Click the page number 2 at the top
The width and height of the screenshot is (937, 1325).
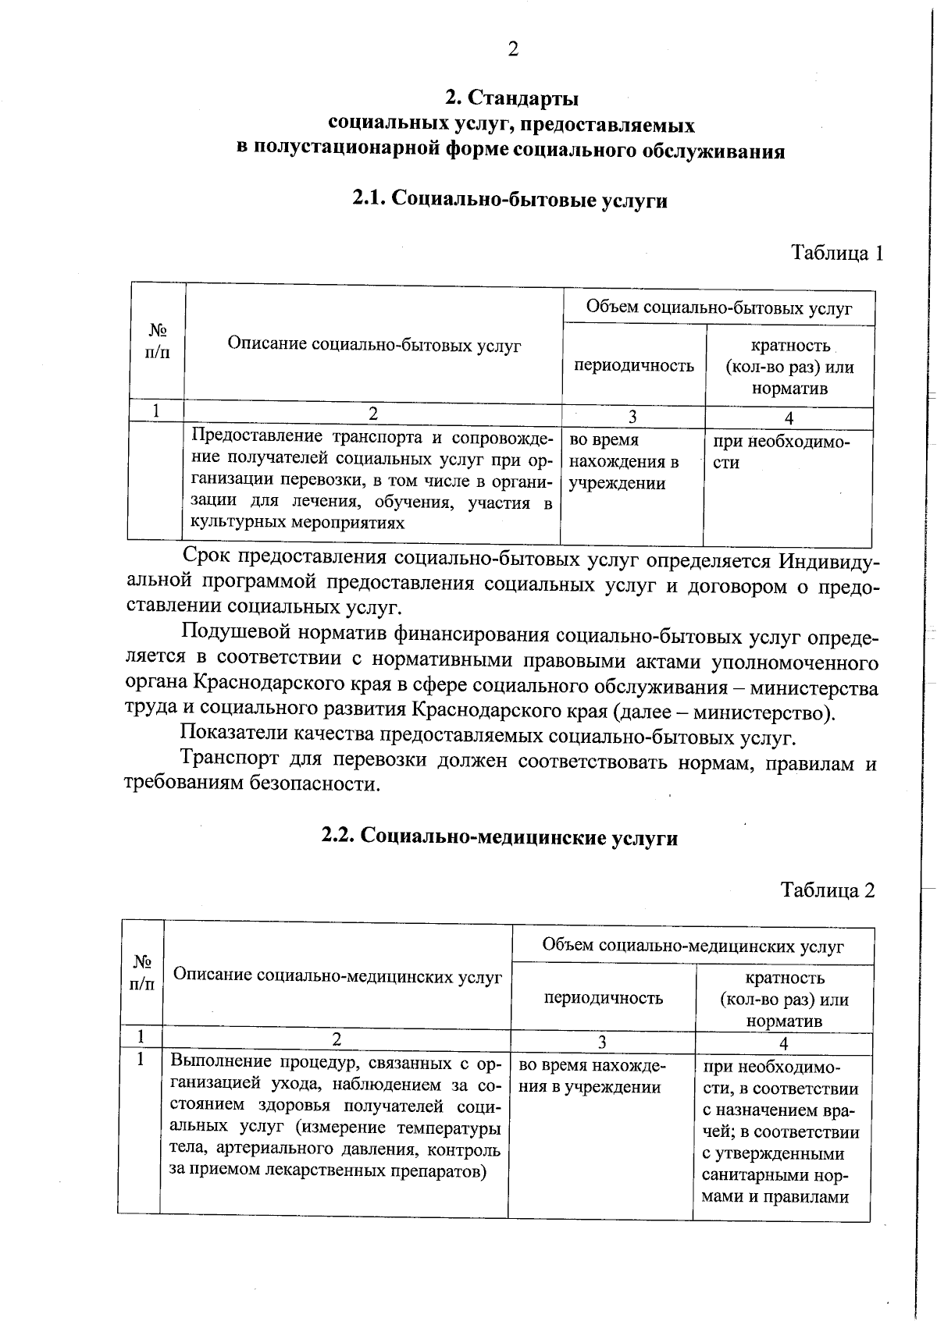pos(513,50)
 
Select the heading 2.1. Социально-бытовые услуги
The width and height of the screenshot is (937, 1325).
pos(510,200)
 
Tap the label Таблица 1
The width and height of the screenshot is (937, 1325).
pos(836,253)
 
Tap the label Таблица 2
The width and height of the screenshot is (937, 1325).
pos(828,890)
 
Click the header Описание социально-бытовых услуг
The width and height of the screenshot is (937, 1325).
pos(374,345)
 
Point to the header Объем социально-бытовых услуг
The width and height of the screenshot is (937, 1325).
pos(718,308)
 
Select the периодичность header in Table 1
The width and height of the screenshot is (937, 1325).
pos(634,365)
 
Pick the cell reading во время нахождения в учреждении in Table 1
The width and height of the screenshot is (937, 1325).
pos(623,461)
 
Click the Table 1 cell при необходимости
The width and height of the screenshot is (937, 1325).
pos(781,452)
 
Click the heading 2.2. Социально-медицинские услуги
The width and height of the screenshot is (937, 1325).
pos(500,837)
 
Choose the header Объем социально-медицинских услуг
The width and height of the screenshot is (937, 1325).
pos(693,947)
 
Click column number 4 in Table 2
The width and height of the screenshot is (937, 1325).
pos(783,1043)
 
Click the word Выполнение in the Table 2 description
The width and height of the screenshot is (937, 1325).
pos(220,1062)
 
